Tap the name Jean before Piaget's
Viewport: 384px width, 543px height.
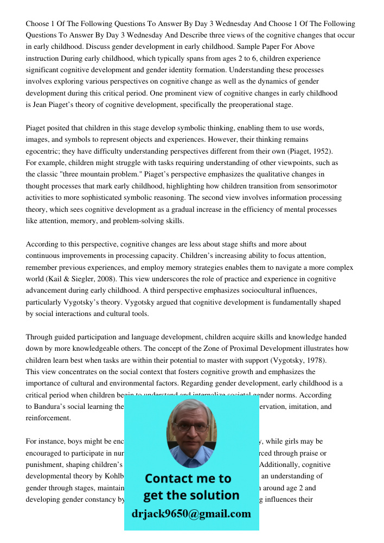tap(42, 105)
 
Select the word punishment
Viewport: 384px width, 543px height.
tap(46, 465)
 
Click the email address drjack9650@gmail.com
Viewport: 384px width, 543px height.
tap(191, 514)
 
